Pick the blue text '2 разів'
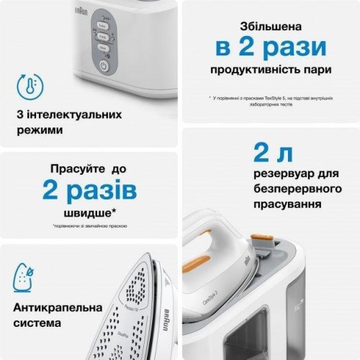[x=89, y=191]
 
